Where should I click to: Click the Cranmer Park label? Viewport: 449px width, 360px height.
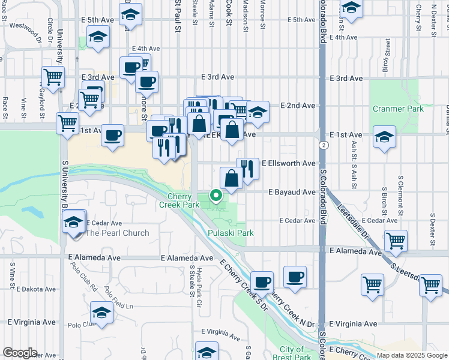397,109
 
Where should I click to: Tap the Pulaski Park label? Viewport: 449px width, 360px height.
231,233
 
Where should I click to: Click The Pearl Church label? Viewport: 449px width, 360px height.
118,233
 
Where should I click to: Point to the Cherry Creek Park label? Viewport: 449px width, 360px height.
179,200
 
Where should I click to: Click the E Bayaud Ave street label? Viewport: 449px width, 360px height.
292,192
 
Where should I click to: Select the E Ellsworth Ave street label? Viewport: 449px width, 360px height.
288,163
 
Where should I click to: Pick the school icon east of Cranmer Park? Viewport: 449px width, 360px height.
384,136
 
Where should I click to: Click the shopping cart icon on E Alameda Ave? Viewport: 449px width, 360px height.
396,241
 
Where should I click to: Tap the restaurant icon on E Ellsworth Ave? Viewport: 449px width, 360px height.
247,169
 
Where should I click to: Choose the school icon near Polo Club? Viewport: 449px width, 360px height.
101,313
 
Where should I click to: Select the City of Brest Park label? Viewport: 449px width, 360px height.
292,353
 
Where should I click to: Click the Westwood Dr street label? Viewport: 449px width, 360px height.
25,26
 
